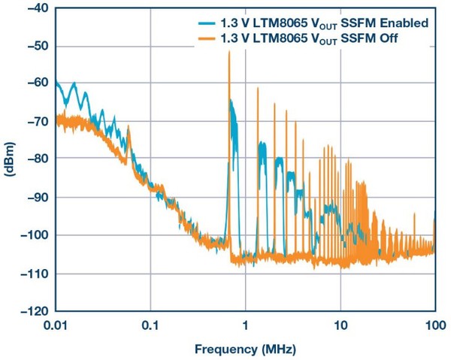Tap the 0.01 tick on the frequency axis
[56, 325]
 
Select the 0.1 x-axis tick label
[150, 325]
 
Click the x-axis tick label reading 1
[245, 325]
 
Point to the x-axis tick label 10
[340, 325]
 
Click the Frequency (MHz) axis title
[245, 349]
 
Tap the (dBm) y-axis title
[9, 159]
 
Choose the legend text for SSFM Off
[310, 38]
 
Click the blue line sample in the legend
[202, 23]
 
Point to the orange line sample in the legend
[202, 38]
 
